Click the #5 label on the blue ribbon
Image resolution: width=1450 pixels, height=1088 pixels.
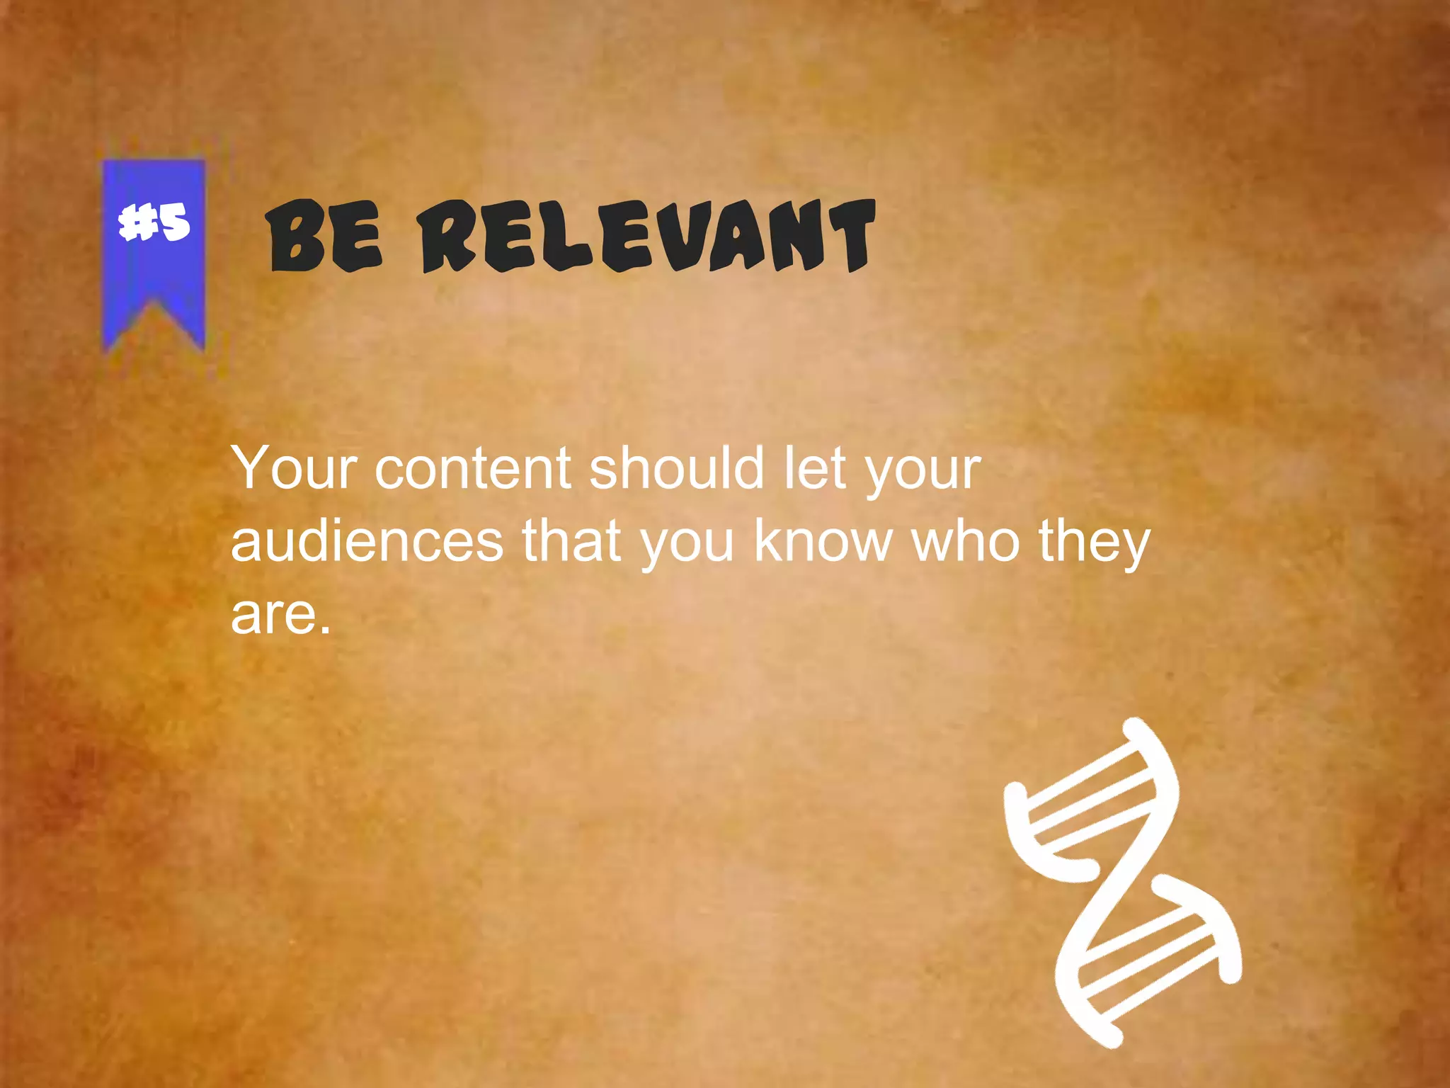pyautogui.click(x=154, y=222)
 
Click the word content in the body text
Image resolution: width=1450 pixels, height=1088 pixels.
pyautogui.click(x=472, y=468)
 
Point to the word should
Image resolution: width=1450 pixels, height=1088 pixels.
pyautogui.click(x=677, y=468)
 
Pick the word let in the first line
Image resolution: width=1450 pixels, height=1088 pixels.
pyautogui.click(x=815, y=468)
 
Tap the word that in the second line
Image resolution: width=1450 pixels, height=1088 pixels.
pyautogui.click(x=571, y=540)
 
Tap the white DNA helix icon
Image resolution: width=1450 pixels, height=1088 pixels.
pyautogui.click(x=1122, y=882)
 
